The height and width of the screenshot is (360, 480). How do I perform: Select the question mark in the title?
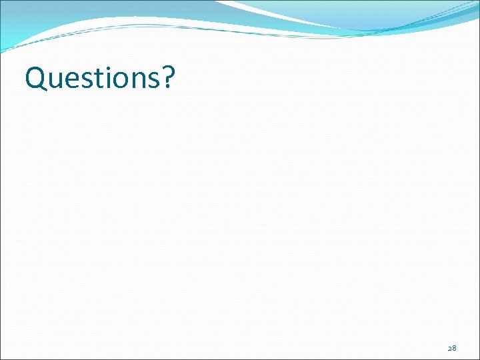pyautogui.click(x=167, y=77)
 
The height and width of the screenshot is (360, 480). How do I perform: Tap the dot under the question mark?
pyautogui.click(x=166, y=87)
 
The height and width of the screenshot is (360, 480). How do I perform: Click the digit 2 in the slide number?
pyautogui.click(x=449, y=348)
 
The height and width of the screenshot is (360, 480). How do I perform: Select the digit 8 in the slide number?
pyautogui.click(x=454, y=348)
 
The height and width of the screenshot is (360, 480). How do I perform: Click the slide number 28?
pyautogui.click(x=452, y=348)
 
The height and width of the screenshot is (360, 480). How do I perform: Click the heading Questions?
pyautogui.click(x=100, y=79)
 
